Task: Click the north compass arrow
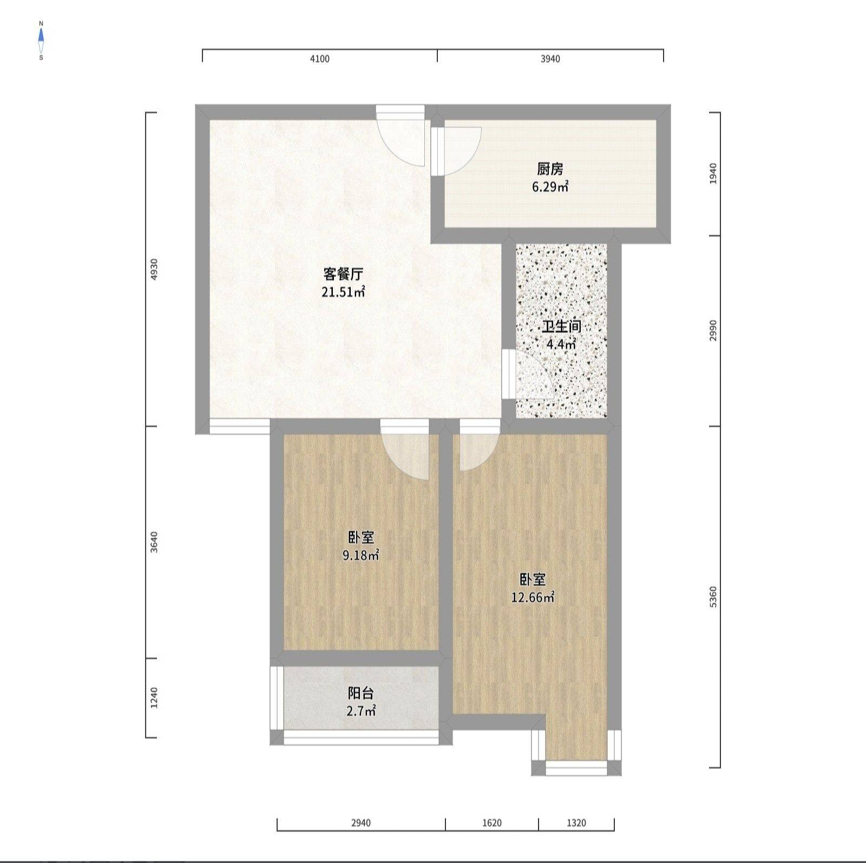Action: (41, 35)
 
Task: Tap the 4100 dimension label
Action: (319, 59)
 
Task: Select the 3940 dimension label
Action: (550, 59)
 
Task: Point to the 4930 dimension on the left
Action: (154, 269)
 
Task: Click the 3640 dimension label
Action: (154, 542)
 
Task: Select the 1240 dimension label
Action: (154, 698)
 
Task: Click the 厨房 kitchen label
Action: (550, 169)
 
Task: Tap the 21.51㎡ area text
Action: (344, 293)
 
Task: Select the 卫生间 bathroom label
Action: (562, 327)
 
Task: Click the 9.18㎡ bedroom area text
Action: (361, 556)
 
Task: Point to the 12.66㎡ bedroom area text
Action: (533, 598)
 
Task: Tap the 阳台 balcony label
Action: (361, 694)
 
